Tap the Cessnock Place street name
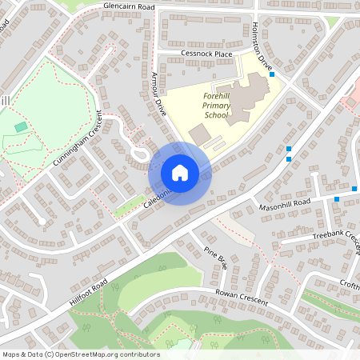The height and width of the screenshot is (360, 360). pos(206,54)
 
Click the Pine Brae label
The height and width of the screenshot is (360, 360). pos(216,258)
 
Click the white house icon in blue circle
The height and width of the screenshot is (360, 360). pos(180,172)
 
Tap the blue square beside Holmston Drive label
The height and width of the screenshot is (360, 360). pos(273,74)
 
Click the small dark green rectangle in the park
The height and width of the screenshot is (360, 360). pos(20,126)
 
